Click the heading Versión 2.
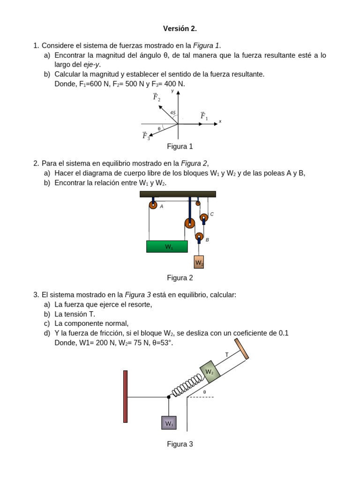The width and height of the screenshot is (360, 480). pyautogui.click(x=180, y=29)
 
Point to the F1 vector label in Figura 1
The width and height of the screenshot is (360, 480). pyautogui.click(x=203, y=116)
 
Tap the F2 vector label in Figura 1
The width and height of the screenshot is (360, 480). pyautogui.click(x=157, y=97)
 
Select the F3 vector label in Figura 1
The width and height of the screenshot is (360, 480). pyautogui.click(x=146, y=136)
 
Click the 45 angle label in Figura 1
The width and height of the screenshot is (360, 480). pyautogui.click(x=173, y=112)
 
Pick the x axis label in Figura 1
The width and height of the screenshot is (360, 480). pyautogui.click(x=220, y=121)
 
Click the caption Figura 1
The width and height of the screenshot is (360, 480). pyautogui.click(x=180, y=146)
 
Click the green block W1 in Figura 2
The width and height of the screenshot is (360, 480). pyautogui.click(x=167, y=247)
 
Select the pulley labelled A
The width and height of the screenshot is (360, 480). pyautogui.click(x=153, y=205)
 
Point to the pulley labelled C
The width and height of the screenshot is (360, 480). pyautogui.click(x=204, y=217)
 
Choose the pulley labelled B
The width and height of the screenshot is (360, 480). pyautogui.click(x=200, y=237)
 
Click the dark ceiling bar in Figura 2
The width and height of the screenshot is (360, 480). pyautogui.click(x=178, y=194)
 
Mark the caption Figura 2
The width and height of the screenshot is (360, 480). pyautogui.click(x=180, y=277)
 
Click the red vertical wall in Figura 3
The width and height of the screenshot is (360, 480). pyautogui.click(x=126, y=396)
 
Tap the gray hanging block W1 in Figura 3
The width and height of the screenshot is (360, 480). pyautogui.click(x=169, y=423)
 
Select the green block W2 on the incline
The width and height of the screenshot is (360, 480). pyautogui.click(x=210, y=372)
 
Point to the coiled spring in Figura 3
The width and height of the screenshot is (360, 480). pyautogui.click(x=187, y=384)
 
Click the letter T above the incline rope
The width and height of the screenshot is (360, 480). pyautogui.click(x=227, y=355)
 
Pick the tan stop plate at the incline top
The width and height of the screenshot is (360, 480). pyautogui.click(x=241, y=349)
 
